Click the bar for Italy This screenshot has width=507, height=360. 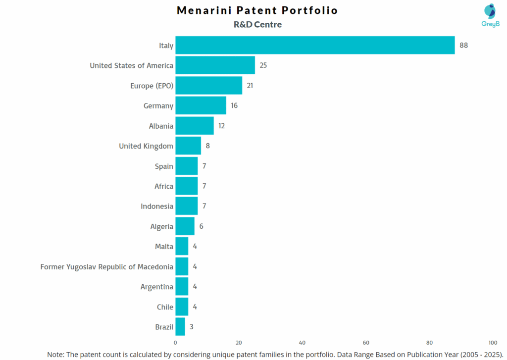315,45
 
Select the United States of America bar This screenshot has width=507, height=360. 215,65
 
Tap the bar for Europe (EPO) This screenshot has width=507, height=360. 208,86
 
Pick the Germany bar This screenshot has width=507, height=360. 201,105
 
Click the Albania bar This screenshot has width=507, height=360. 195,126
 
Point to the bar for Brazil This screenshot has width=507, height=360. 180,327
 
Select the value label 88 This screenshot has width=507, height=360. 463,45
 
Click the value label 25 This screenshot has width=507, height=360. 263,65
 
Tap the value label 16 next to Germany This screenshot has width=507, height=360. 234,105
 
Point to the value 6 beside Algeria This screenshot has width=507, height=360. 202,226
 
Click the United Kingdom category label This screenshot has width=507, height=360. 146,146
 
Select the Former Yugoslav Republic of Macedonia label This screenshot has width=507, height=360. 107,267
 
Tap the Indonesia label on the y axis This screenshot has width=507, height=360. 157,206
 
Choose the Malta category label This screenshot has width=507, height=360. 164,247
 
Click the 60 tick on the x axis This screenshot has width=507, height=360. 366,343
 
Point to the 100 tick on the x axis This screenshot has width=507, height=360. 493,343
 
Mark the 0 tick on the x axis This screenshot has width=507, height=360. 175,343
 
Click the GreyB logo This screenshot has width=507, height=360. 490,15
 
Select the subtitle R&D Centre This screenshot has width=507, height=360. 257,24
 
